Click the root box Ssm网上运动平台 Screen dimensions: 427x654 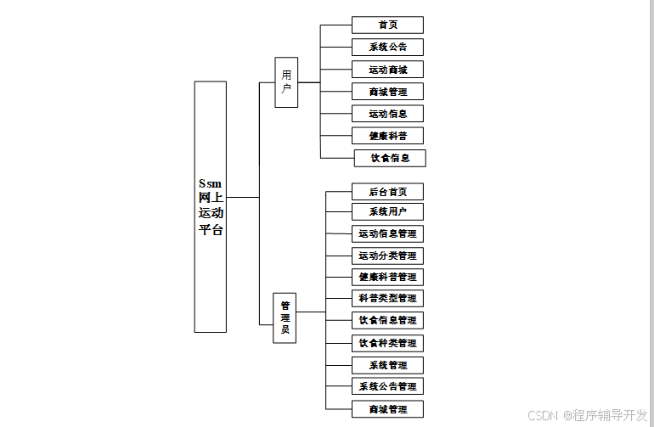(x=211, y=206)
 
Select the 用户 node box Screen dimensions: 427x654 (x=286, y=82)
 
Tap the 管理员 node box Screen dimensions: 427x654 (x=285, y=317)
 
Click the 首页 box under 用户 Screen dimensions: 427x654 (x=387, y=25)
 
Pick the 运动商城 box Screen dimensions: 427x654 (x=387, y=70)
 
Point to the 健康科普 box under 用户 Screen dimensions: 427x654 (x=387, y=136)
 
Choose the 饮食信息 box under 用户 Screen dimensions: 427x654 (x=390, y=158)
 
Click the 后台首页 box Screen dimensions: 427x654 (x=387, y=192)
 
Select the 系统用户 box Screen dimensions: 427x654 (x=387, y=211)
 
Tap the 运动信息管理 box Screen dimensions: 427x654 (x=387, y=233)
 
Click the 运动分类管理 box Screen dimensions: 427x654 (x=387, y=256)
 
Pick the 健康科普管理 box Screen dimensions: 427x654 (x=387, y=277)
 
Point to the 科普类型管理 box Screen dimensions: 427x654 (x=387, y=298)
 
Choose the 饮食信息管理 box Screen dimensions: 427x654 (x=387, y=320)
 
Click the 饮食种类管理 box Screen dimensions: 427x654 (x=387, y=343)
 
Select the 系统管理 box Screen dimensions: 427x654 (x=387, y=365)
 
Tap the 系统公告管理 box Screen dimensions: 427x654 (x=387, y=386)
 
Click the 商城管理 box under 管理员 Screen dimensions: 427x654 (x=387, y=409)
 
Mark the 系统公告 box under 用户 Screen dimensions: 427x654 (x=387, y=48)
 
